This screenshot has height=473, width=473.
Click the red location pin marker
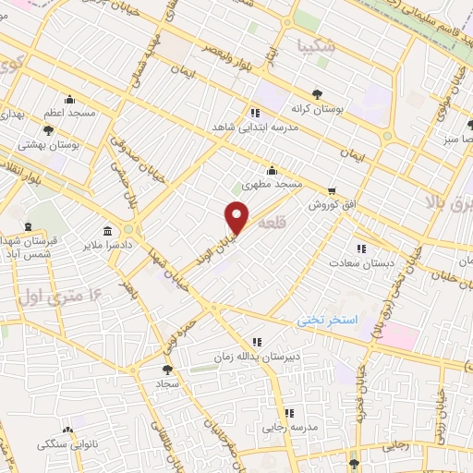237,218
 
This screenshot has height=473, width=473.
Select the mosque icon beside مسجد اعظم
68,100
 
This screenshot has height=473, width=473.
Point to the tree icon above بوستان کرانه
318,94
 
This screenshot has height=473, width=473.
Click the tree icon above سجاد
166,369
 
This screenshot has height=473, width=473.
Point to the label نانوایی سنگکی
67,444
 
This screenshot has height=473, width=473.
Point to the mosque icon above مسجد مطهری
272,171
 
